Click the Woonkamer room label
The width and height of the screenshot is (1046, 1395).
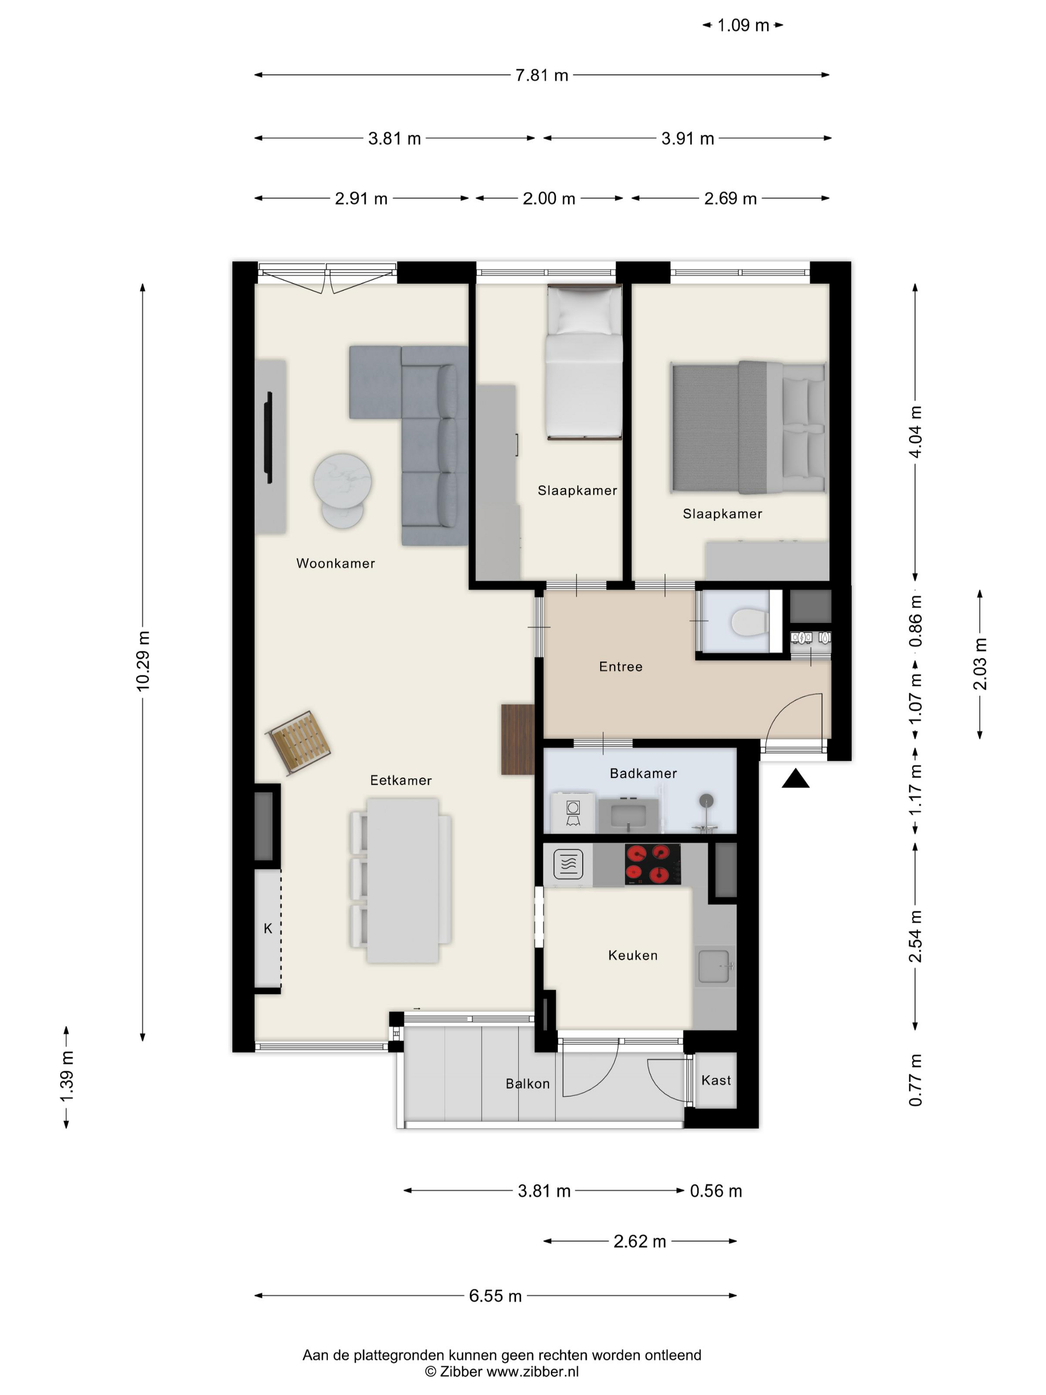coord(335,563)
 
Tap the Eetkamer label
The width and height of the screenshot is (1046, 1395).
coord(400,780)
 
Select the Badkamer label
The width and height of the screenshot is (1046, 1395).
coord(643,773)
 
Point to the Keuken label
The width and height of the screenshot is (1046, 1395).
coord(633,956)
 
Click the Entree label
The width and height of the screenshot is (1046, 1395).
coord(621,667)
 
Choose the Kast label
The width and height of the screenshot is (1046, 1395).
coord(716,1080)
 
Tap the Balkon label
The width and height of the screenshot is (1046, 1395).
coord(527,1084)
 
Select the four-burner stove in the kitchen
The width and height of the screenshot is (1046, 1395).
coord(653,864)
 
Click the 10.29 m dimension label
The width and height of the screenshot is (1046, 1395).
coord(143,660)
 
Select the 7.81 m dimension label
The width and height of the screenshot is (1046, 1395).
coord(541,75)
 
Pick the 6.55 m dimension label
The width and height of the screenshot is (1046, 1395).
coord(495,1295)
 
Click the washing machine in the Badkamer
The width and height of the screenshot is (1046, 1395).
coord(572,812)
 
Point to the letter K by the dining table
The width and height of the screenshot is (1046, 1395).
coord(268,928)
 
